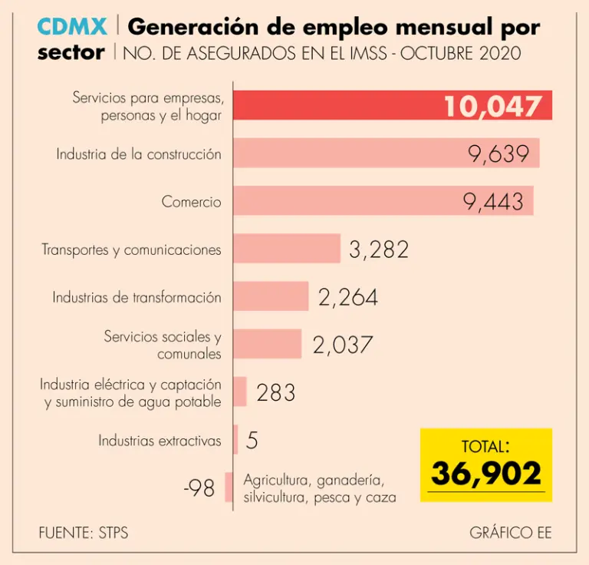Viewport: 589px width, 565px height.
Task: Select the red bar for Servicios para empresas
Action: tap(337, 105)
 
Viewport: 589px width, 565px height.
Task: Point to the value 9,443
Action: tap(493, 201)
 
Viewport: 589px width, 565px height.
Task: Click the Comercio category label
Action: tap(191, 202)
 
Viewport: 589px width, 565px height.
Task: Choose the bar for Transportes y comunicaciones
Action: tap(287, 249)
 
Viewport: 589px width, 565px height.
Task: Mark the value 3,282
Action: tap(379, 249)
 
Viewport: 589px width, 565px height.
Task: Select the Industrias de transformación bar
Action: tap(271, 296)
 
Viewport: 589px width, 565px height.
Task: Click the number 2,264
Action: tap(348, 297)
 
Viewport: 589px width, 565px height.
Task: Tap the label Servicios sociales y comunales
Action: tap(163, 345)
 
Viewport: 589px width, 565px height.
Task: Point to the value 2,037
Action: tap(342, 345)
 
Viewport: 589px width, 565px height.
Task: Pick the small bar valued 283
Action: tap(240, 392)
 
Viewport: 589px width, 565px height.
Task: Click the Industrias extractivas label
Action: tap(160, 441)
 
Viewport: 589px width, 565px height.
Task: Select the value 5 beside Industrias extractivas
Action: tap(252, 441)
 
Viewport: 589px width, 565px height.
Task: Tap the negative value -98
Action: tap(199, 488)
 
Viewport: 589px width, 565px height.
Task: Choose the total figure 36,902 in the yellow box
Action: tap(486, 474)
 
